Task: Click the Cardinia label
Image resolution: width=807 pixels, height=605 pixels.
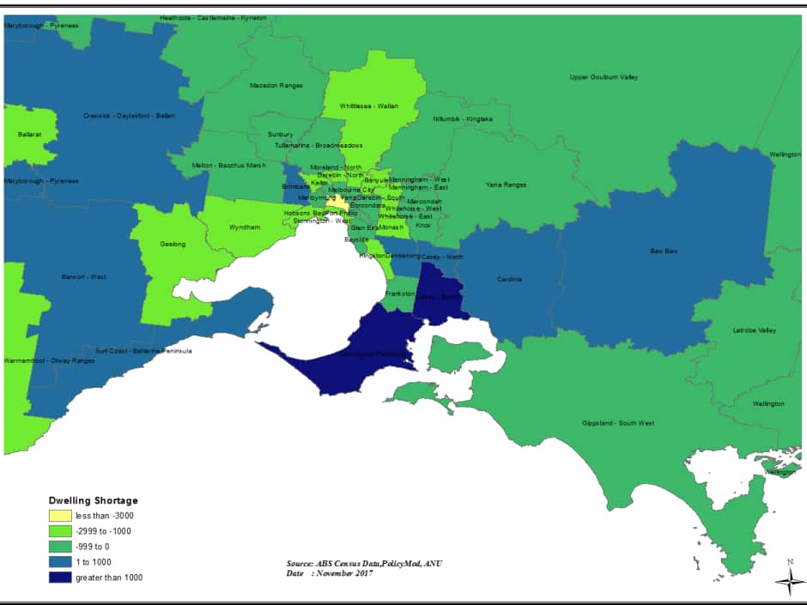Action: tap(509, 279)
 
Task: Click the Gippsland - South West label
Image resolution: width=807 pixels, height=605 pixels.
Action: tap(617, 423)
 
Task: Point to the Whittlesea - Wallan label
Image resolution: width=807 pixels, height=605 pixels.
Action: tap(369, 106)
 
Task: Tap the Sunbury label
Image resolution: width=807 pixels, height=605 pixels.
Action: tap(280, 135)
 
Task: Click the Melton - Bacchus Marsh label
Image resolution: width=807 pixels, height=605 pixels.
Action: tap(228, 165)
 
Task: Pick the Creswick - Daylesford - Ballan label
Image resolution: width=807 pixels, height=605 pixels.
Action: tap(129, 116)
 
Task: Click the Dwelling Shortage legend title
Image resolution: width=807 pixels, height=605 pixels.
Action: tap(92, 500)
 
